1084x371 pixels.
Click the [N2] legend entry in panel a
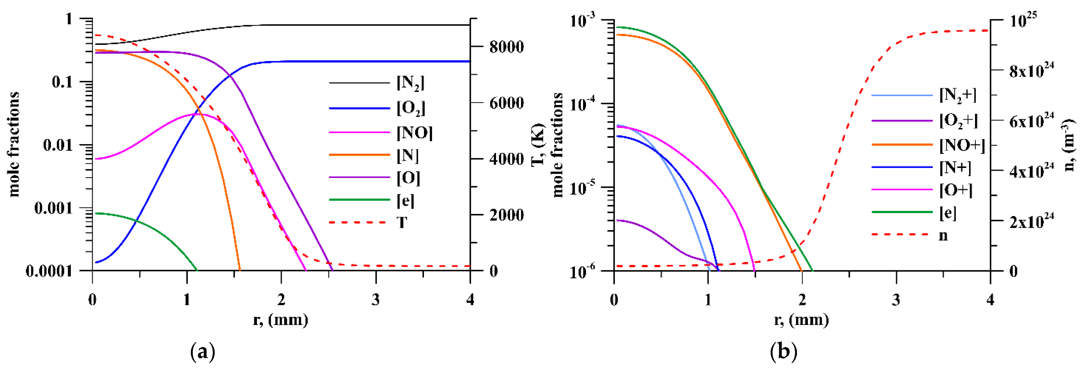click(x=410, y=83)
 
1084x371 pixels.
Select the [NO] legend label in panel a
click(x=414, y=133)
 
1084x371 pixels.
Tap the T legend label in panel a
click(x=402, y=222)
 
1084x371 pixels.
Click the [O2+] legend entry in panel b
click(x=958, y=121)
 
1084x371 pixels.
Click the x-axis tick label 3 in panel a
click(x=376, y=300)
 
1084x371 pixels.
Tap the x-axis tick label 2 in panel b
click(x=802, y=300)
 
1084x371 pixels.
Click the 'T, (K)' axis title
click(x=538, y=145)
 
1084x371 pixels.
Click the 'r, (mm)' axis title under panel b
click(x=802, y=320)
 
